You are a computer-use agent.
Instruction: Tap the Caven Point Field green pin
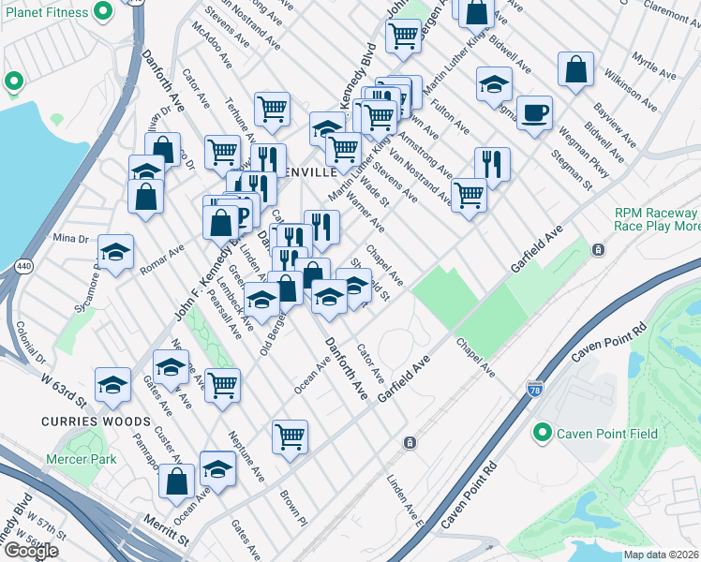[542, 433]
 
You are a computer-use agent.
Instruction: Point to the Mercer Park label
[82, 459]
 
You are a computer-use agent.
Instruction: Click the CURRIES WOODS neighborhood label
[82, 421]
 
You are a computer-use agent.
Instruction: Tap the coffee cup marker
[535, 113]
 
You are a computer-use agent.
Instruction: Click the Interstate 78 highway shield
[534, 388]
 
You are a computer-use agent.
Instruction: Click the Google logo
[31, 550]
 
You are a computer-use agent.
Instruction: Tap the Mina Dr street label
[71, 237]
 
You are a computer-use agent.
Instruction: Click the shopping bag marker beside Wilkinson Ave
[575, 69]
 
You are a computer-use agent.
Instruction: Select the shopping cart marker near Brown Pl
[291, 435]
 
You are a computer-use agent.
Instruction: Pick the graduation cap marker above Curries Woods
[112, 384]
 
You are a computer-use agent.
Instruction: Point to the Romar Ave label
[161, 261]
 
